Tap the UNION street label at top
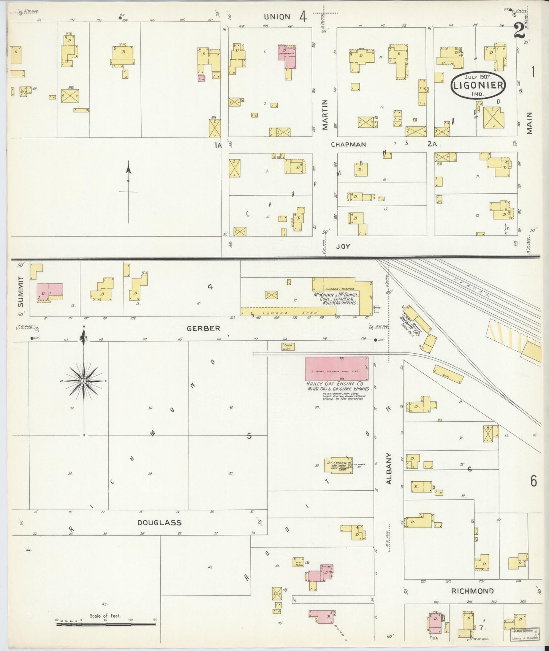(x=277, y=17)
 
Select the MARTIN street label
(x=325, y=115)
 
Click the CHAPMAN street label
(x=348, y=144)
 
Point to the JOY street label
(x=343, y=246)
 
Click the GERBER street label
(x=204, y=328)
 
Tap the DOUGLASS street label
(x=159, y=523)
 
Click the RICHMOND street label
(x=472, y=602)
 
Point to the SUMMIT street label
(x=21, y=292)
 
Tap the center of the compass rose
(x=83, y=381)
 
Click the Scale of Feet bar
(x=107, y=624)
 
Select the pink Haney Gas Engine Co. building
(x=337, y=368)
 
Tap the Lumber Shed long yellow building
(x=289, y=312)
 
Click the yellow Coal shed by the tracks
(x=448, y=374)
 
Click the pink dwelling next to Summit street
(x=49, y=291)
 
